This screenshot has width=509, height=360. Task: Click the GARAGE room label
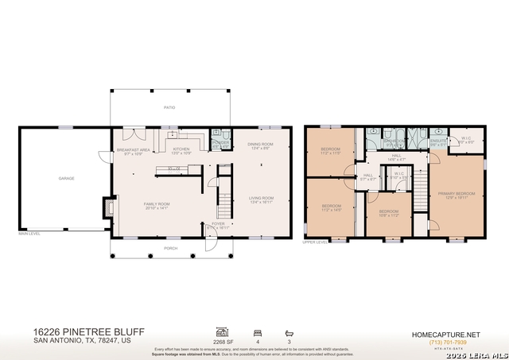(x=66, y=178)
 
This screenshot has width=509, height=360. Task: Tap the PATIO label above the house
(x=169, y=106)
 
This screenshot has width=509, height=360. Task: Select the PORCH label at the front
(x=169, y=248)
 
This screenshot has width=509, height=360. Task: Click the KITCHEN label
(x=182, y=149)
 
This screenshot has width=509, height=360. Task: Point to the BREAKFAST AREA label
(x=134, y=150)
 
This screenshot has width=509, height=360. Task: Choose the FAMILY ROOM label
(x=157, y=205)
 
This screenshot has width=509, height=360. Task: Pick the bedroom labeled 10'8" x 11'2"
(x=388, y=212)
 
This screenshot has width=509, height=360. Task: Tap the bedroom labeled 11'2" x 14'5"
(x=331, y=207)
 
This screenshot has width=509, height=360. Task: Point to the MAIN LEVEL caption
(x=29, y=233)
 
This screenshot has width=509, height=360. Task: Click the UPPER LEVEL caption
(x=316, y=242)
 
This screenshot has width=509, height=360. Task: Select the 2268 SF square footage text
(x=223, y=343)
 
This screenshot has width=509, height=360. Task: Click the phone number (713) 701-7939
(x=445, y=342)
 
